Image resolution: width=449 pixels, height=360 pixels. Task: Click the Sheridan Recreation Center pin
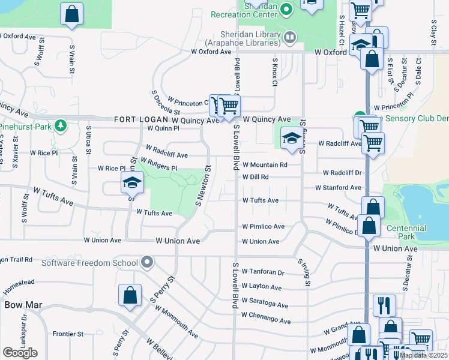(x=286, y=8)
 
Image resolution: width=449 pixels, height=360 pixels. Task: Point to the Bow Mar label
(x=23, y=305)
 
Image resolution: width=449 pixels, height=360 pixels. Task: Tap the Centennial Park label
(x=406, y=232)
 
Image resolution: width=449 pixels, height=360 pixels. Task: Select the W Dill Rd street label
(x=256, y=177)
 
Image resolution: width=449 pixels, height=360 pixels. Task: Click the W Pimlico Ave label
(x=263, y=227)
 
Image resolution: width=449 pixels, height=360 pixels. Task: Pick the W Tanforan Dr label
(x=262, y=272)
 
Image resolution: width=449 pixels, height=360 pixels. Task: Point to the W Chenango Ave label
(x=265, y=314)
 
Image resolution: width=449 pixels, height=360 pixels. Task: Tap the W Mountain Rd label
(x=265, y=164)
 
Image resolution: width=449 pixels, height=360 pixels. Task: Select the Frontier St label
(x=67, y=334)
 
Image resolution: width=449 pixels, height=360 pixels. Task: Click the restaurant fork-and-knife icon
(x=384, y=304)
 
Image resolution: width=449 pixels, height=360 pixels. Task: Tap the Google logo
(x=20, y=353)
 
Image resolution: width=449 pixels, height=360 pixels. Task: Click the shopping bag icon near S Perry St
(x=130, y=295)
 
